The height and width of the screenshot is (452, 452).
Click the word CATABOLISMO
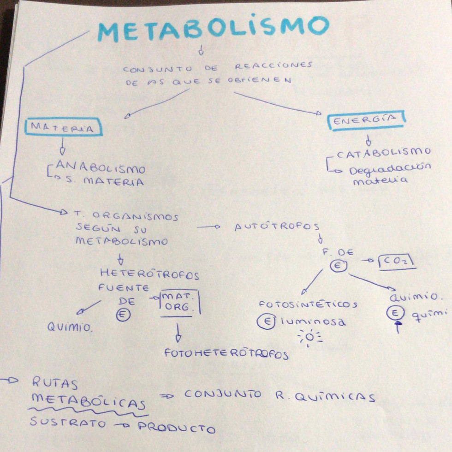(x=384, y=153)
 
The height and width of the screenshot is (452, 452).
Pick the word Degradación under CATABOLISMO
(x=390, y=169)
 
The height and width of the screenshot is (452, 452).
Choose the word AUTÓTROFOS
(x=277, y=227)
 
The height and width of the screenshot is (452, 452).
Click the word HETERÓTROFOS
(x=149, y=274)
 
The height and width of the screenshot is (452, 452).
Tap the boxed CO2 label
(x=397, y=262)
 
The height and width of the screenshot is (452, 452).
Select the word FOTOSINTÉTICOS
(x=308, y=304)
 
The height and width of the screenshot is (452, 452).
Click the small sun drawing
(x=309, y=338)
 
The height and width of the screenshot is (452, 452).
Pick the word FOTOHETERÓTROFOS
(x=226, y=354)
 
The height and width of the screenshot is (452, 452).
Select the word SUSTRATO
(x=67, y=422)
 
